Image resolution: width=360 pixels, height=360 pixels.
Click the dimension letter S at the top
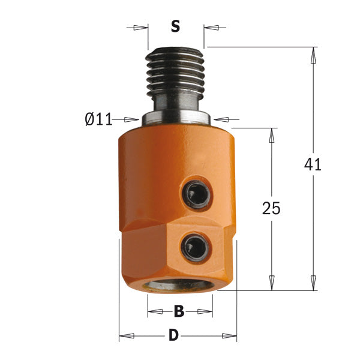click(175, 26)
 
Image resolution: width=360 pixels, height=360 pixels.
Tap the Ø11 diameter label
click(98, 119)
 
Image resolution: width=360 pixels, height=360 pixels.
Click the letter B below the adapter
click(179, 311)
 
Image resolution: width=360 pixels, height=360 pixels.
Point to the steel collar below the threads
click(175, 115)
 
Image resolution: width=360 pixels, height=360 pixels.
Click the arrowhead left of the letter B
click(152, 311)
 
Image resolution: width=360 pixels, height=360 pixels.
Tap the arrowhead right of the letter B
click(207, 311)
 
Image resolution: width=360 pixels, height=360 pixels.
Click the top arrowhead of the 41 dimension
click(313, 53)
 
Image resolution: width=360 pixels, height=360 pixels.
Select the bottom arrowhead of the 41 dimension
click(313, 284)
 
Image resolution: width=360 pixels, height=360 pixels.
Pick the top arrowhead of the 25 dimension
click(272, 134)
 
